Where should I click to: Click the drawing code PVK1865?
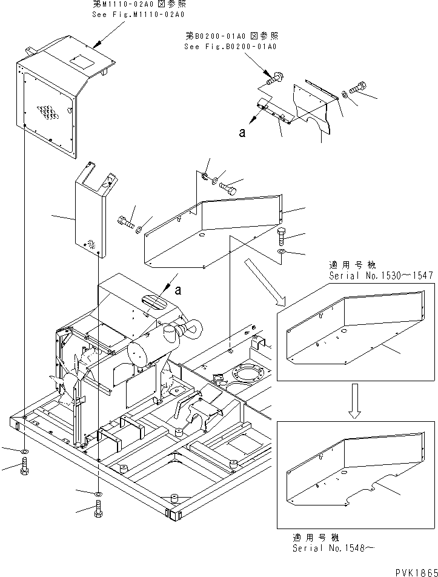coord(416,572)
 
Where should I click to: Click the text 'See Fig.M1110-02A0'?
coord(138,15)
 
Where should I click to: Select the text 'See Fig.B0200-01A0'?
coord(230,47)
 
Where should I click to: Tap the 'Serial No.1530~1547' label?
coord(381,276)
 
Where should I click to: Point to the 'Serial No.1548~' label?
coord(333,548)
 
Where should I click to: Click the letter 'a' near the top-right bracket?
coord(242,133)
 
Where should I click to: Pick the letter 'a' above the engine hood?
coord(178,291)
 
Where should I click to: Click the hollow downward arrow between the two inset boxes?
coord(355,401)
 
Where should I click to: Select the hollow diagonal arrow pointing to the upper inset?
coord(264,282)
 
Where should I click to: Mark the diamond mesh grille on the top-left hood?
coord(48,112)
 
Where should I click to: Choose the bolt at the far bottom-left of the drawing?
coord(25,465)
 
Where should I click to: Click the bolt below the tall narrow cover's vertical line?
coord(99,509)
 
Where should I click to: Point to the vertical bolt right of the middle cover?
coord(281,236)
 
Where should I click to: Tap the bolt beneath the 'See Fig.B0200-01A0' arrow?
coord(274,78)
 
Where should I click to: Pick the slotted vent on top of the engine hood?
coord(154,301)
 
